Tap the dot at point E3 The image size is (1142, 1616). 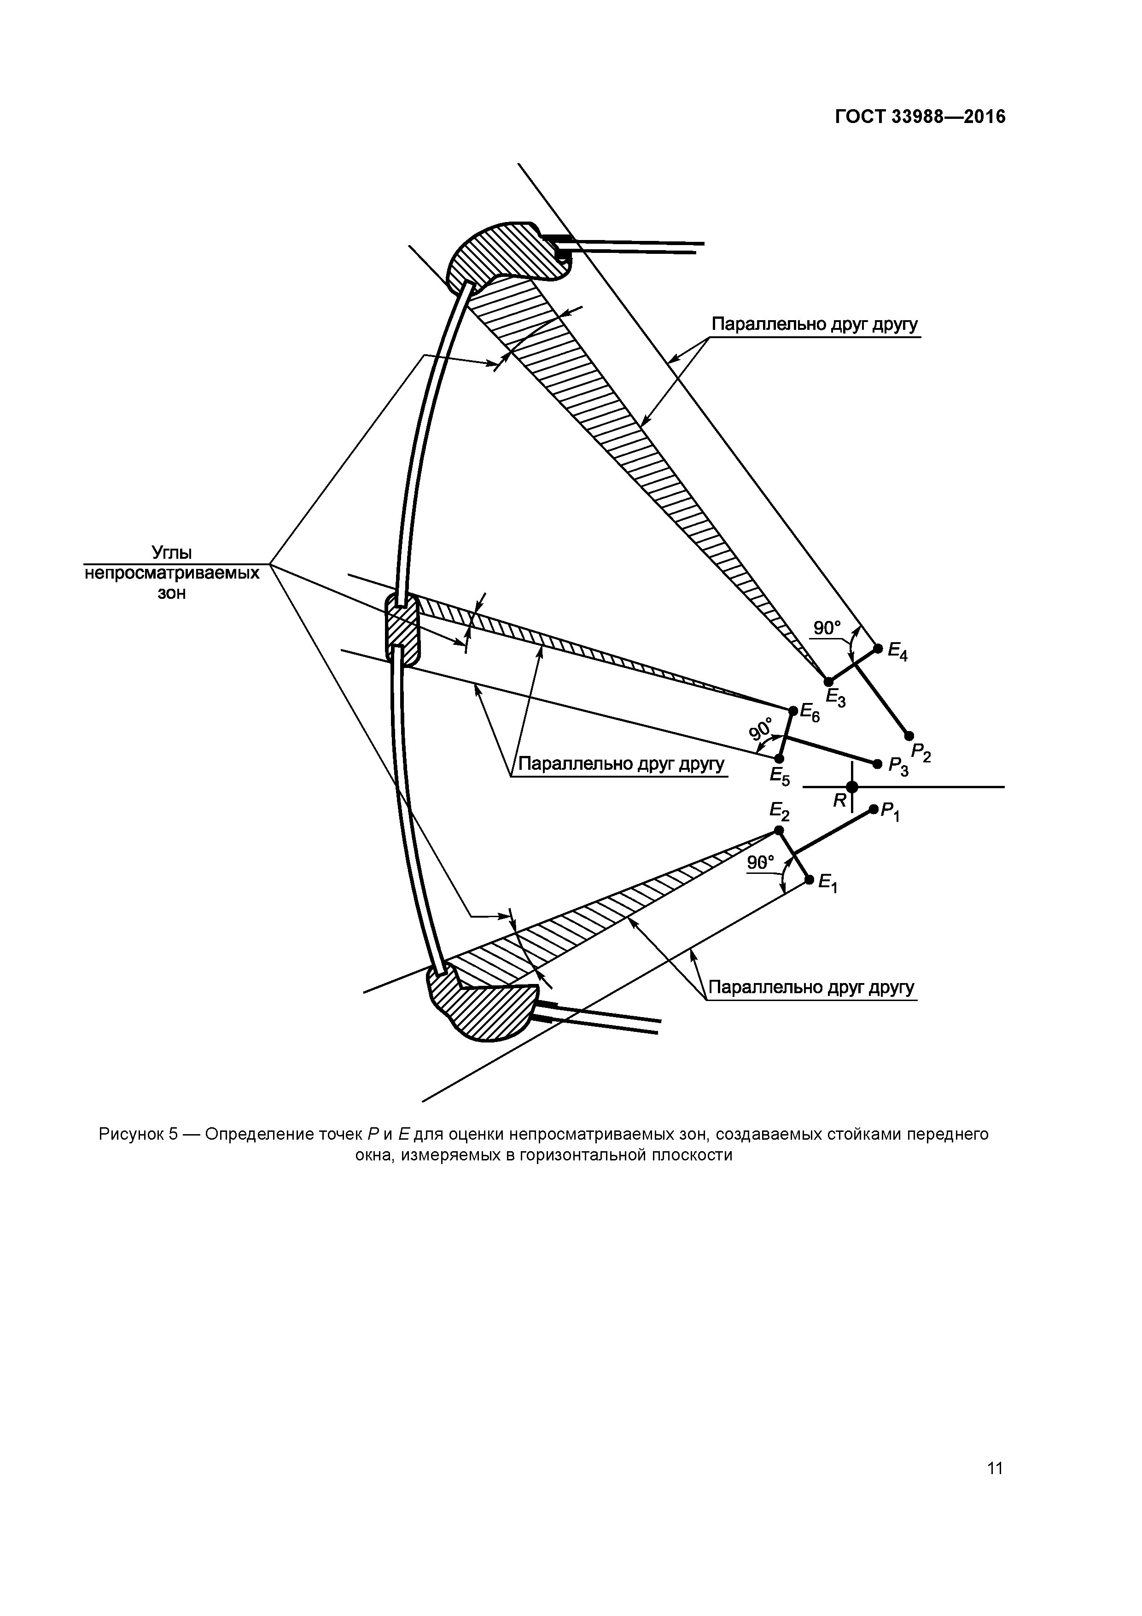tap(828, 681)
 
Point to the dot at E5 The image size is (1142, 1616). tap(779, 759)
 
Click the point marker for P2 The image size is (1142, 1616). tap(909, 736)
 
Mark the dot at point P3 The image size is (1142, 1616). tap(877, 764)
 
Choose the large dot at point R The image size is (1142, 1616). tap(852, 787)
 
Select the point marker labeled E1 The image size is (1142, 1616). tap(809, 880)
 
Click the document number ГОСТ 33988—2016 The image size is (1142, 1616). tap(920, 117)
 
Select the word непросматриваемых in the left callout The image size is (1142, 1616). tap(172, 573)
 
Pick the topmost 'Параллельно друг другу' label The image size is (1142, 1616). tap(815, 325)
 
